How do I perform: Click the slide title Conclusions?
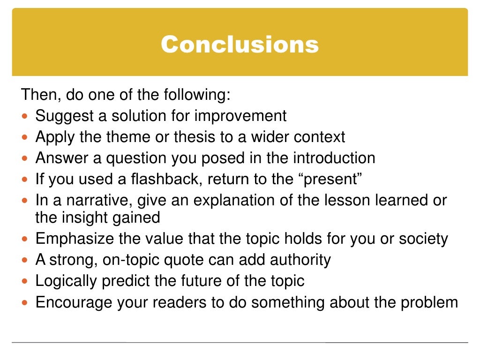pos(240,45)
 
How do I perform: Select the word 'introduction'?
pos(334,158)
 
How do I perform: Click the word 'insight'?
pos(87,217)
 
